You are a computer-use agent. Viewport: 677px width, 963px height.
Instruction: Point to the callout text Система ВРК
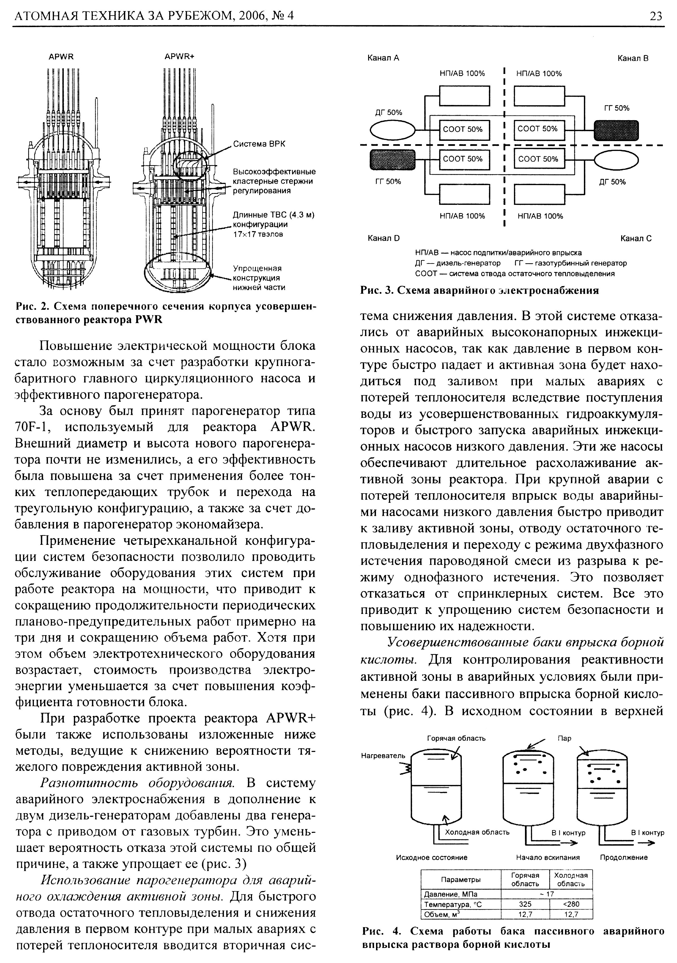coord(259,144)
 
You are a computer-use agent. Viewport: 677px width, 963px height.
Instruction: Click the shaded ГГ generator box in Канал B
coord(616,130)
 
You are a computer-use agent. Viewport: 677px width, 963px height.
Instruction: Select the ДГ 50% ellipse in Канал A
coord(392,130)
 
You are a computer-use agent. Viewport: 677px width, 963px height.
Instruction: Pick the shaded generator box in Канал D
coord(392,160)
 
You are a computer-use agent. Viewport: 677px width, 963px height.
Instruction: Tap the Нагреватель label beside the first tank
coord(383,755)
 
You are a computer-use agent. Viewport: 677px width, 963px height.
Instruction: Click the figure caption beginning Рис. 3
coord(480,290)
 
